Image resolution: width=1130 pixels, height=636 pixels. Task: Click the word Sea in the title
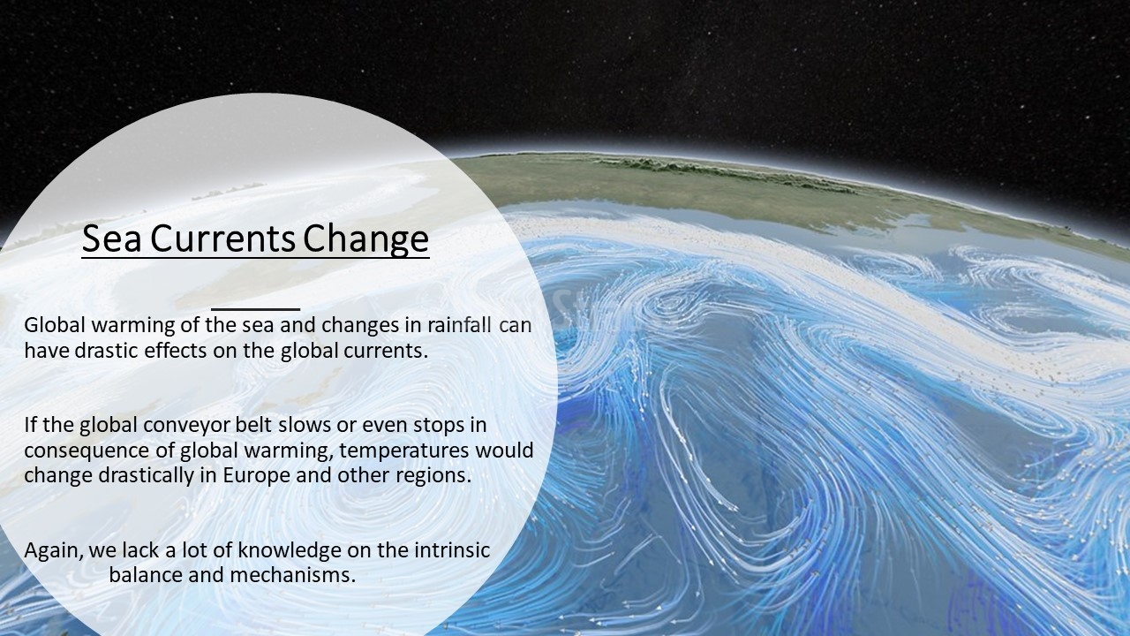(x=111, y=238)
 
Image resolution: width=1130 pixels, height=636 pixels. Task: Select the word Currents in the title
(x=222, y=238)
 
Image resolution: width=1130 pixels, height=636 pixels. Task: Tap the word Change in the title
(x=365, y=240)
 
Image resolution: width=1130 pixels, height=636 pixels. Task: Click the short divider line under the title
(x=256, y=308)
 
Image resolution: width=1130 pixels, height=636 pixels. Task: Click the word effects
(x=176, y=350)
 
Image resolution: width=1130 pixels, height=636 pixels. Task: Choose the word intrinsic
(x=452, y=549)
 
